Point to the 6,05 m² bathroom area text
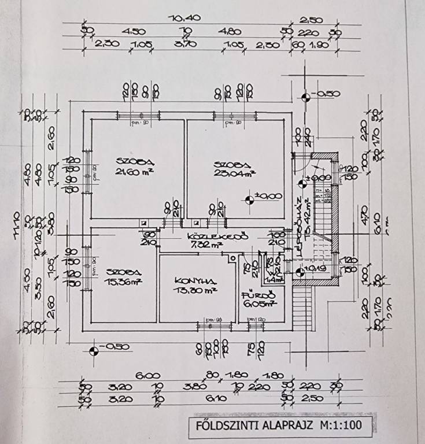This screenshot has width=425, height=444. click(259, 302)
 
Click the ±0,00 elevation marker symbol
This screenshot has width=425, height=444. click(250, 200)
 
